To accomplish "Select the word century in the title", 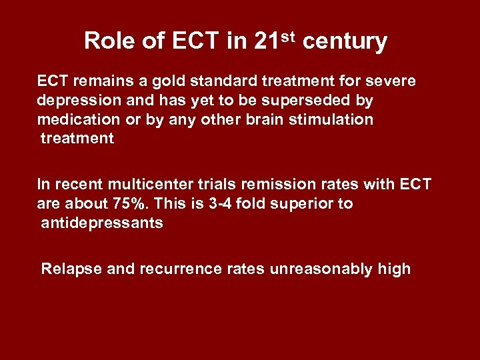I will (345, 42).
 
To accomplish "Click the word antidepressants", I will (102, 223).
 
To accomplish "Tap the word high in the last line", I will (393, 269).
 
